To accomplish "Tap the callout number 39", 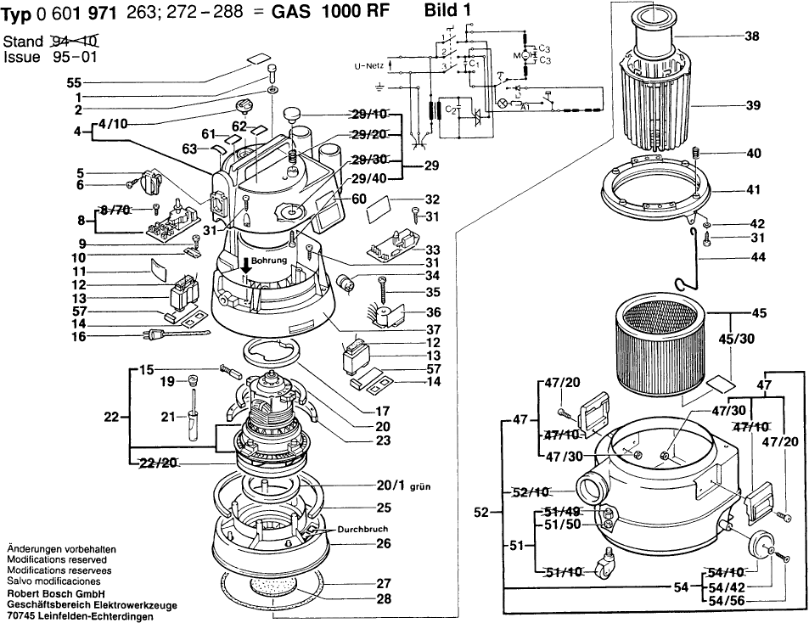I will (x=751, y=107).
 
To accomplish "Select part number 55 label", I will (x=74, y=83).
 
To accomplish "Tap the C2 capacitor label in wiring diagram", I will (x=451, y=109).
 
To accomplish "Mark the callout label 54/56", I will (x=728, y=601).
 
